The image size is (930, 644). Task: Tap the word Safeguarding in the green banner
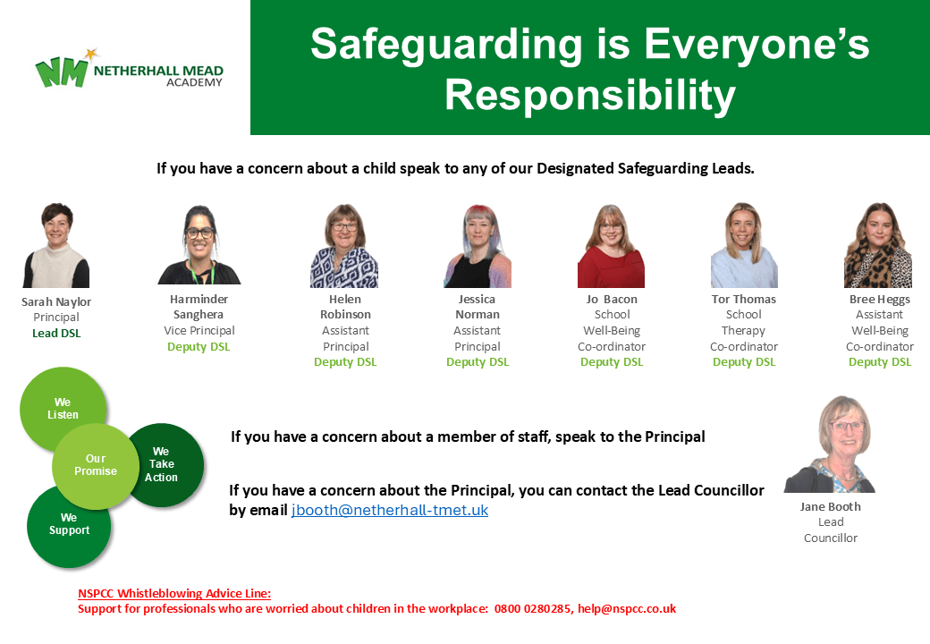pyautogui.click(x=446, y=46)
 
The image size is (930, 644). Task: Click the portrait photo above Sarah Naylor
pyautogui.click(x=56, y=245)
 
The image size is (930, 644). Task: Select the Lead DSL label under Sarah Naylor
pyautogui.click(x=56, y=334)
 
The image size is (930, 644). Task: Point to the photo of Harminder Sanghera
pyautogui.click(x=199, y=245)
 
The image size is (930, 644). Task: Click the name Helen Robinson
pyautogui.click(x=345, y=307)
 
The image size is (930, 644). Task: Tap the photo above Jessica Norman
pyautogui.click(x=478, y=246)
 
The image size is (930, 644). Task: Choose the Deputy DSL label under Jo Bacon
pyautogui.click(x=612, y=361)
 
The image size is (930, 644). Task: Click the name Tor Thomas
pyautogui.click(x=744, y=300)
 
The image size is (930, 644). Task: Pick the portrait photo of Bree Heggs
pyautogui.click(x=878, y=245)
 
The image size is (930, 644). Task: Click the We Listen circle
pyautogui.click(x=63, y=409)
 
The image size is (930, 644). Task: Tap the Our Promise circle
pyautogui.click(x=96, y=466)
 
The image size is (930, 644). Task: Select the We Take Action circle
pyautogui.click(x=163, y=464)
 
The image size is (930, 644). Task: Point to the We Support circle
pyautogui.click(x=69, y=526)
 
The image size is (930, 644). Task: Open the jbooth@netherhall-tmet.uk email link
pyautogui.click(x=390, y=510)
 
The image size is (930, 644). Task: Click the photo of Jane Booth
pyautogui.click(x=830, y=445)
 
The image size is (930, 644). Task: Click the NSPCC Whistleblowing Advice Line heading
pyautogui.click(x=174, y=593)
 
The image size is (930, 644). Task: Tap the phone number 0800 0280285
pyautogui.click(x=533, y=608)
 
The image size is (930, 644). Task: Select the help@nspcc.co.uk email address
pyautogui.click(x=627, y=608)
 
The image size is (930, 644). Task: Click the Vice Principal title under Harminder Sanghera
pyautogui.click(x=199, y=330)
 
